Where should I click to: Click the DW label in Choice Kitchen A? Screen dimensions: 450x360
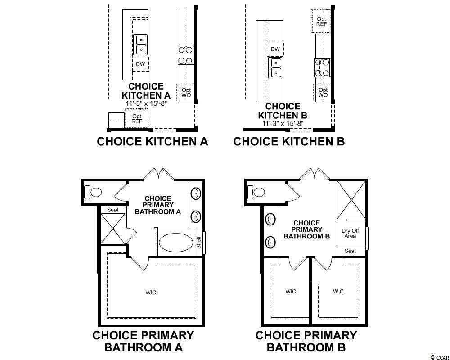click(x=140, y=64)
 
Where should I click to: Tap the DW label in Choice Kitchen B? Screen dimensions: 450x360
click(x=275, y=49)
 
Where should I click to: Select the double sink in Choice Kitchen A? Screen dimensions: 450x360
click(x=140, y=45)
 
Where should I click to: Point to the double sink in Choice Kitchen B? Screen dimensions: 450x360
click(x=275, y=67)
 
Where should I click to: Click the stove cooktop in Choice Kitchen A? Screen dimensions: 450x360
click(x=186, y=55)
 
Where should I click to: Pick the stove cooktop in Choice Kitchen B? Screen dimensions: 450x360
click(x=322, y=68)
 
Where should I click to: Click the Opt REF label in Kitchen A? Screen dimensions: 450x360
click(x=137, y=119)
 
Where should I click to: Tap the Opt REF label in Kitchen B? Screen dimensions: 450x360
click(x=321, y=22)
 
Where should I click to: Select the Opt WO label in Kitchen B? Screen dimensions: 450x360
click(x=323, y=92)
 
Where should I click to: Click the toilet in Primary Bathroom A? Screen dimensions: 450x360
click(x=93, y=192)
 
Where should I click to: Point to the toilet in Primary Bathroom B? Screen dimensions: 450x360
click(x=256, y=192)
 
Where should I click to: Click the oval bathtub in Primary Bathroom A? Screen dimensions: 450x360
click(x=176, y=242)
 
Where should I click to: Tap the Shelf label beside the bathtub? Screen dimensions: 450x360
click(x=199, y=243)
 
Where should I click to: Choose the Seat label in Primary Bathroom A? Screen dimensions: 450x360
click(x=113, y=210)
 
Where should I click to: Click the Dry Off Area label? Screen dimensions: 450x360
click(x=350, y=234)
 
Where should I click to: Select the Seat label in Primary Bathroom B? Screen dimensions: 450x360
click(x=351, y=251)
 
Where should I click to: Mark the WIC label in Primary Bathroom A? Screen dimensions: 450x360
click(x=151, y=292)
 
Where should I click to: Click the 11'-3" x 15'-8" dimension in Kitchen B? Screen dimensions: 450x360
click(x=283, y=123)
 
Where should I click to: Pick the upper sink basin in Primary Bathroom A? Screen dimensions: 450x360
click(x=196, y=193)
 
